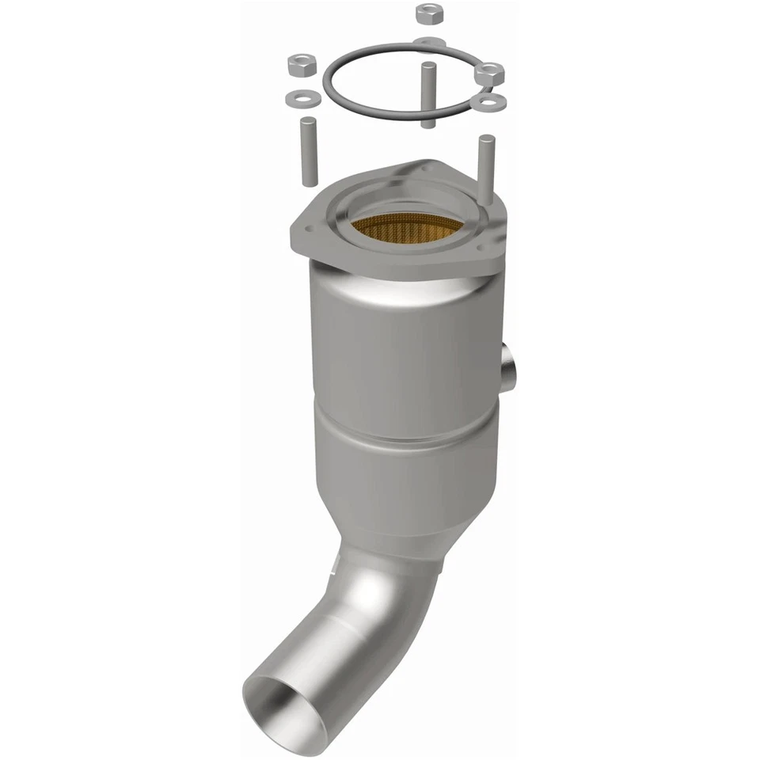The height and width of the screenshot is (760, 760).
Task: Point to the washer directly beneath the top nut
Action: [x=428, y=41]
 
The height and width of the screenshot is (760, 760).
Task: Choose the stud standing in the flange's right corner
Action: [x=486, y=161]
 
